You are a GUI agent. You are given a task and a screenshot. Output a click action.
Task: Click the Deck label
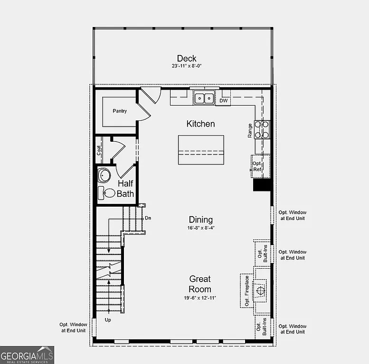(187, 58)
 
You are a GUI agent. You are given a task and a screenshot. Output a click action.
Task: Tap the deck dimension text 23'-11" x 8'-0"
(187, 66)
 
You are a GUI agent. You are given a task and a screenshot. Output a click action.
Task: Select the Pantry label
(120, 111)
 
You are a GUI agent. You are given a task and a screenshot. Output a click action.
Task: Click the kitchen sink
(205, 98)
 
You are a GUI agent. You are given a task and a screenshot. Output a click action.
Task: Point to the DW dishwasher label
(223, 100)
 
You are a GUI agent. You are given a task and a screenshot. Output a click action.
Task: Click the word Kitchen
(200, 124)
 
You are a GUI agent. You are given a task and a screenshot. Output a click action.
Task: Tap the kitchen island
(201, 150)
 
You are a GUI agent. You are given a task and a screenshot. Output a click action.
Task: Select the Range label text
(250, 131)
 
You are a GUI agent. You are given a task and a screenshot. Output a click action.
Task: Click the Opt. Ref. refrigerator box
(260, 166)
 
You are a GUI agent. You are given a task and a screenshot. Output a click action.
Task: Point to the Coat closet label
(99, 150)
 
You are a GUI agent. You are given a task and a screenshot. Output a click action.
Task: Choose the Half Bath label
(125, 188)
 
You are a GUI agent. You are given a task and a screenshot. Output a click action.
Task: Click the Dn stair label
(148, 218)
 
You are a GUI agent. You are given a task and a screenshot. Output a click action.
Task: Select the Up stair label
(108, 320)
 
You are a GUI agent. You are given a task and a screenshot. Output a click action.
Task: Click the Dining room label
(200, 219)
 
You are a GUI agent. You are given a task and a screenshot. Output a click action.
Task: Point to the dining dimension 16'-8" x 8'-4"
(200, 228)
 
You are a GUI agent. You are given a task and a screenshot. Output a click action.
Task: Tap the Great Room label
(200, 284)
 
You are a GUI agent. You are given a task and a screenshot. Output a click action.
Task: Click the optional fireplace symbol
(260, 291)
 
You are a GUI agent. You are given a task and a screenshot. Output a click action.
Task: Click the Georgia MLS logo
(27, 355)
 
